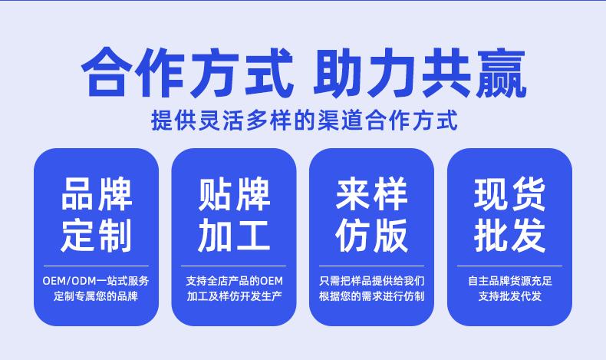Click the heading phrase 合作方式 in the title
click(187, 72)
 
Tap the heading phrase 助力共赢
click(420, 72)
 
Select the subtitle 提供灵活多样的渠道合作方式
click(305, 120)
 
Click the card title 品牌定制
click(97, 214)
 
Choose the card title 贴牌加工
click(234, 214)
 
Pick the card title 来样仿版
click(372, 214)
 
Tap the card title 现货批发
click(510, 214)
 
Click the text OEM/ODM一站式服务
click(96, 281)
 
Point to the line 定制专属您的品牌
click(96, 296)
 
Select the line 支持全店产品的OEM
click(234, 281)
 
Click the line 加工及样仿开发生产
click(234, 296)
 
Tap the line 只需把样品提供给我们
click(372, 281)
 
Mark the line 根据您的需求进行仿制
click(372, 296)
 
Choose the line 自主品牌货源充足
click(510, 281)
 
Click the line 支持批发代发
click(510, 296)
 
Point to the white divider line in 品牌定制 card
click(96, 266)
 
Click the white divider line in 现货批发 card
click(510, 266)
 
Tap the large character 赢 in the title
click(501, 73)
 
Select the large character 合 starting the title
click(105, 72)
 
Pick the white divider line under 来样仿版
click(372, 266)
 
